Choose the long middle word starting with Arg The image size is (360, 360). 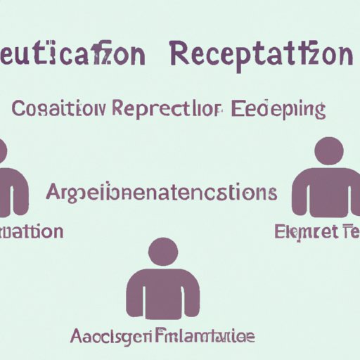pos(160,193)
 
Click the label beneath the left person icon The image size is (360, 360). pos(31,231)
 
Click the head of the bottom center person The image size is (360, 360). pos(163,252)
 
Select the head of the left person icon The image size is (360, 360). pos(2,151)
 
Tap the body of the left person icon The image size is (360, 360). pos(11,193)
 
